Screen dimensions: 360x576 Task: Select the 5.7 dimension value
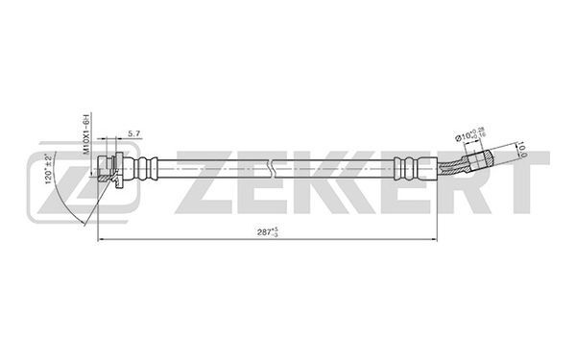[134, 135]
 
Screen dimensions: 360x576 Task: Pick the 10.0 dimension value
[526, 149]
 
